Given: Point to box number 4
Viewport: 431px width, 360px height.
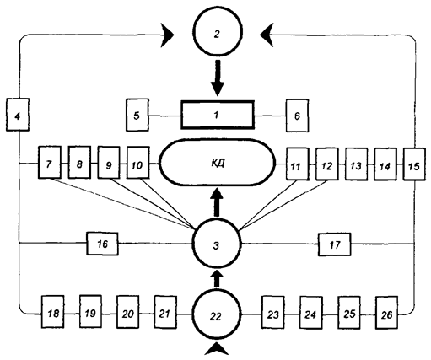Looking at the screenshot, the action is tap(18, 115).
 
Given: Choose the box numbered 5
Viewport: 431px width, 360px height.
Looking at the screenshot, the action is tap(137, 115).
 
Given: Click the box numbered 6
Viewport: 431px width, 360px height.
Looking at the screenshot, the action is tap(297, 116).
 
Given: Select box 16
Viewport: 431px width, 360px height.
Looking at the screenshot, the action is tap(102, 244).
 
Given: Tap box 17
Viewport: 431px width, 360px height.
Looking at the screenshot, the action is tap(335, 244).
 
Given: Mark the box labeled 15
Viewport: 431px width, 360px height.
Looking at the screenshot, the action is tap(414, 164).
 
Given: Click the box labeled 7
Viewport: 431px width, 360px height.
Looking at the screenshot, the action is tap(50, 162).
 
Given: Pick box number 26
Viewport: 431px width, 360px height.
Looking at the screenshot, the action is tap(387, 313).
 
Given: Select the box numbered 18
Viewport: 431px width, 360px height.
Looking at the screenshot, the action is tap(53, 312).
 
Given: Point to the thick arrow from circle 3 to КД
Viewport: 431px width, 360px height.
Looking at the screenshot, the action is tap(217, 203).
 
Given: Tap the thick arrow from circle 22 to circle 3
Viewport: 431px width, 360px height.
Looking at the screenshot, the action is tap(217, 278).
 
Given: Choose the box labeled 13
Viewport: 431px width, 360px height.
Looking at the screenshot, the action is tap(356, 164).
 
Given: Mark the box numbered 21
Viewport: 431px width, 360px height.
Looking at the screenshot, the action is tap(165, 312).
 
